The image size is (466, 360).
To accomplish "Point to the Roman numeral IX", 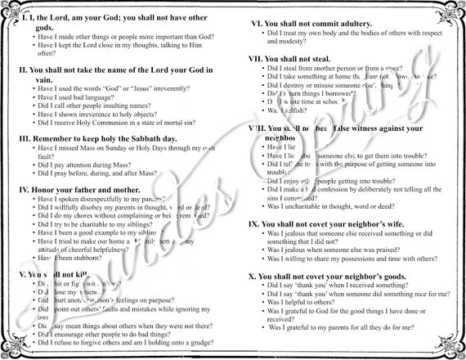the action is (x=253, y=223).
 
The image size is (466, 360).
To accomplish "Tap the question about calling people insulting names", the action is (x=107, y=106).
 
